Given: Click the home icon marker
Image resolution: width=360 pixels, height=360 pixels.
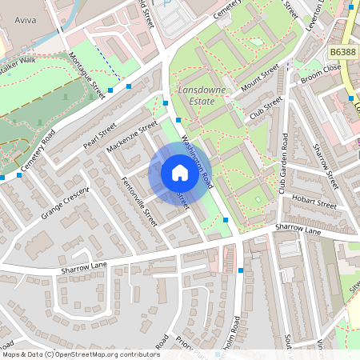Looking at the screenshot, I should pos(179,173).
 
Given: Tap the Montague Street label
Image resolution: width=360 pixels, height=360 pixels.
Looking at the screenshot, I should pos(87,77).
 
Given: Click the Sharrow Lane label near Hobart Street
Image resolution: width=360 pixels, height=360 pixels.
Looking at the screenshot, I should pos(298,229).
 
